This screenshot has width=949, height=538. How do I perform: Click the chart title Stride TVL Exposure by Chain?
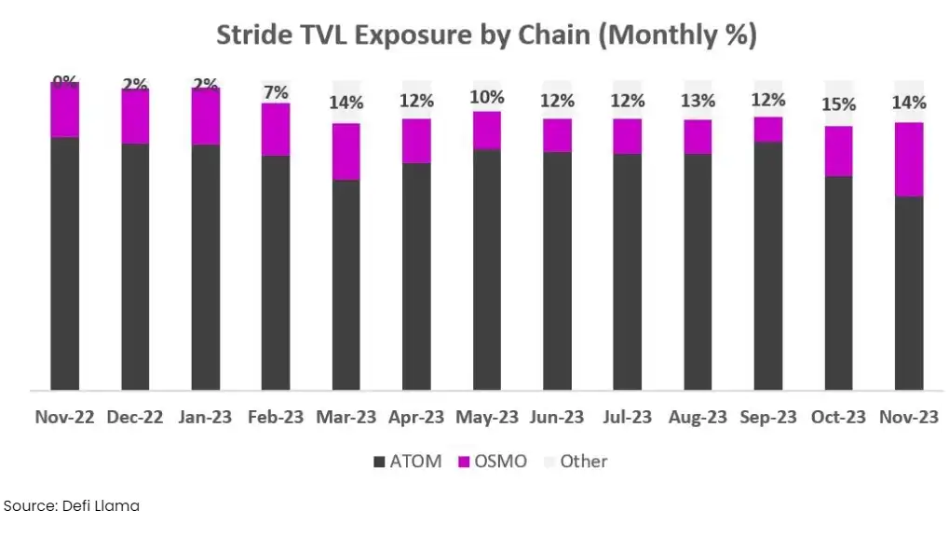click(486, 35)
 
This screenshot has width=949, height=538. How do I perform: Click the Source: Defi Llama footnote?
click(72, 505)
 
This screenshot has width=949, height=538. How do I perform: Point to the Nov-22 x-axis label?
click(64, 417)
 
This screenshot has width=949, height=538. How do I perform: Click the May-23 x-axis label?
click(486, 417)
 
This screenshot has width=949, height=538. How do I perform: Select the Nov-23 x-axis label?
click(909, 417)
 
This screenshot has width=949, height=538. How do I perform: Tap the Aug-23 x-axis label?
click(698, 417)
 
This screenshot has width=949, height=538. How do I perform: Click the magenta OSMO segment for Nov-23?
click(909, 159)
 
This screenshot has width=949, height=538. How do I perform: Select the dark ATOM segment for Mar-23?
click(346, 284)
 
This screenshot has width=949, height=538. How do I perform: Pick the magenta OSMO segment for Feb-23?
click(276, 130)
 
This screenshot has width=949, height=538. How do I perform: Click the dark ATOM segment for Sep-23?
click(768, 266)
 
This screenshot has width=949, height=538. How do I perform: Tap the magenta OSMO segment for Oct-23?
click(838, 151)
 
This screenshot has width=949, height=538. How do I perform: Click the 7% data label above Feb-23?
click(276, 91)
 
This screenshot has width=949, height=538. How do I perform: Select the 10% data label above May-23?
click(486, 97)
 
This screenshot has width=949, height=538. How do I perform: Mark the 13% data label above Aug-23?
click(698, 101)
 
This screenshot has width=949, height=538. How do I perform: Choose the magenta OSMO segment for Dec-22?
click(135, 117)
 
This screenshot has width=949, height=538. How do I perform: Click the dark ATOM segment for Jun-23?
click(557, 270)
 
